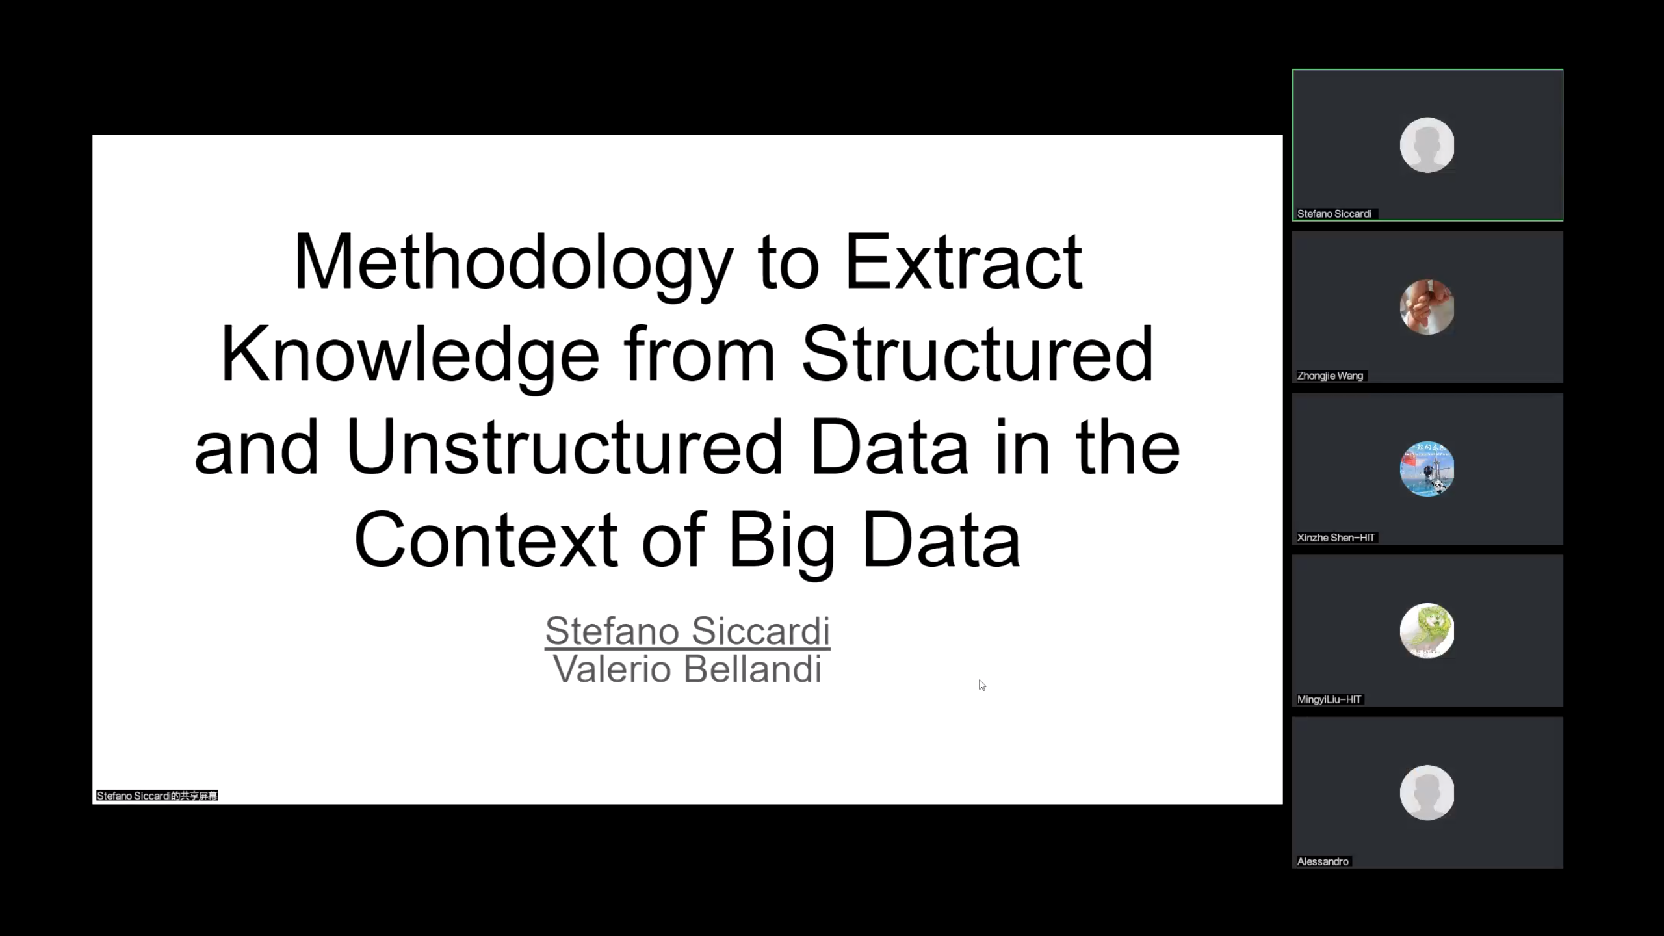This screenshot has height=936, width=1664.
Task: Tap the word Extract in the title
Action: click(963, 262)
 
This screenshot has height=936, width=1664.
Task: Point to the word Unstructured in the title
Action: click(564, 447)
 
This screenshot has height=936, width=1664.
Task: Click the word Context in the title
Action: click(486, 539)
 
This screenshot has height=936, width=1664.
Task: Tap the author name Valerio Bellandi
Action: click(688, 669)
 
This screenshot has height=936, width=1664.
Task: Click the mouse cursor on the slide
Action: click(982, 685)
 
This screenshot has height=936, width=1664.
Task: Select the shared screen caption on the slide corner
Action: click(157, 796)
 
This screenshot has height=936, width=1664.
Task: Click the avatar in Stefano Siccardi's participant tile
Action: click(1427, 145)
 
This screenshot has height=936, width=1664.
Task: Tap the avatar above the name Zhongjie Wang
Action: click(1427, 307)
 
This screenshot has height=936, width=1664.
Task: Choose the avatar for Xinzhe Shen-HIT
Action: click(1427, 469)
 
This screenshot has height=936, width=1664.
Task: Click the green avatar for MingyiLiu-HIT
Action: click(1427, 630)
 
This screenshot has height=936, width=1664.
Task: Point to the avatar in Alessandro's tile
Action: click(1427, 792)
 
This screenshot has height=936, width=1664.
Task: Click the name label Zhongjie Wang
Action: click(1330, 376)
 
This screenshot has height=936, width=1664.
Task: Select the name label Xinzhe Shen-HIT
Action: click(1336, 538)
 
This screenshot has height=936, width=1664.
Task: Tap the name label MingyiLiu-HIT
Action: click(1329, 699)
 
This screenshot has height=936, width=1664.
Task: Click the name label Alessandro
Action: click(1323, 861)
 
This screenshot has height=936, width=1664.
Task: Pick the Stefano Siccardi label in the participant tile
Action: click(1334, 214)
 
